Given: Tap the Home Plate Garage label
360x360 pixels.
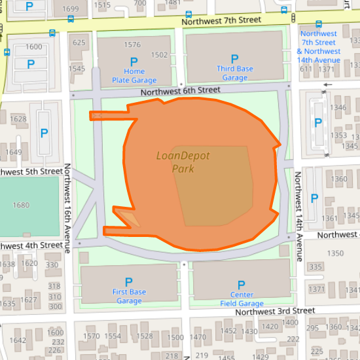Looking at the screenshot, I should coord(134,76).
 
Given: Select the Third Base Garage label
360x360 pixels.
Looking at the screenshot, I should coord(234,73).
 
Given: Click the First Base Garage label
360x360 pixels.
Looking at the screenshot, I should coord(129,297).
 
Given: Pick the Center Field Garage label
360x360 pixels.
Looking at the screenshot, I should coord(242,299).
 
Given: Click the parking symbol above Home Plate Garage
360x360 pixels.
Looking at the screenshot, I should coord(134,62).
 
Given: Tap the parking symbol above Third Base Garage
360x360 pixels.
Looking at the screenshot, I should coord(235,58).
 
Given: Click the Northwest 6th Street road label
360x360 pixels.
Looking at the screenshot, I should coord(181,90).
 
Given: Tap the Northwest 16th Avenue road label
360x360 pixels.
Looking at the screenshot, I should coord(67,208).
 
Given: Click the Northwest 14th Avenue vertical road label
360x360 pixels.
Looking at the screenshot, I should coord(298,216).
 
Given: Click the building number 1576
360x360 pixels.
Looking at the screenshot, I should coord(132,45).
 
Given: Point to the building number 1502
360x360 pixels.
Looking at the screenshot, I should coord(160,56).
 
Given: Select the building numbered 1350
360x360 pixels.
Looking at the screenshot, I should coord(335,253).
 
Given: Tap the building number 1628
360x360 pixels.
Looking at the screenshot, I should coord(18,118).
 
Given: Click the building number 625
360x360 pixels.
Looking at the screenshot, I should coord(79,43).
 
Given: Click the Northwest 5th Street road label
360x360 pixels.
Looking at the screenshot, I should coord(31,171).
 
